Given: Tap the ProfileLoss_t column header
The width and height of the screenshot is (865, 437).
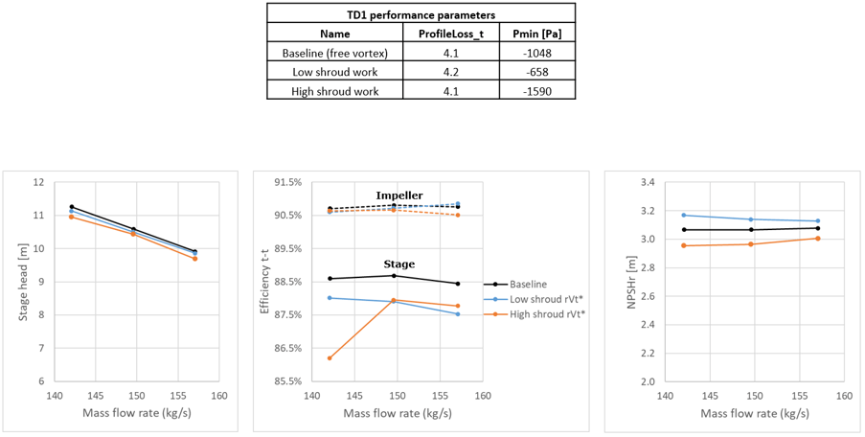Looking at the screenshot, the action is coord(451,34).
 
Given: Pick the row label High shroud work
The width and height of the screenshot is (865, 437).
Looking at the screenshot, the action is coord(335,92).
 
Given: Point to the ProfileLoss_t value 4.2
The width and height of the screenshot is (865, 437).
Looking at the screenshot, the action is coord(451,72).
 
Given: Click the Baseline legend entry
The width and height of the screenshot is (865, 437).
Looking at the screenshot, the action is coord(528,285).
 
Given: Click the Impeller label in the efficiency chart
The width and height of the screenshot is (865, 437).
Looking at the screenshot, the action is coord(399,195).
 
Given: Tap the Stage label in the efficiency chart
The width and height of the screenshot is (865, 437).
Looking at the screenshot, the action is coord(400,264).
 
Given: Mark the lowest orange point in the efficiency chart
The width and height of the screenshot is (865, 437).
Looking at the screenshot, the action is coord(330,358).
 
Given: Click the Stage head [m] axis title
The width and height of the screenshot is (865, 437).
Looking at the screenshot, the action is coord(23,282).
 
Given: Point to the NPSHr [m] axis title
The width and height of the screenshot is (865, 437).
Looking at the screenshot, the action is coord(633,282).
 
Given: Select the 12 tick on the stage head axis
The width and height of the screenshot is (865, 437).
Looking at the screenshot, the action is coord(41,182).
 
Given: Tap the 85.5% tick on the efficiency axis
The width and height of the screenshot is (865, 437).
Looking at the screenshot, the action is coord(289,381).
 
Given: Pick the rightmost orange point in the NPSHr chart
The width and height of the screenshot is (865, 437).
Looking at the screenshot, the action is coord(818,239).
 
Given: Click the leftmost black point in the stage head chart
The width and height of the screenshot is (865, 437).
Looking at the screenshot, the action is coord(72,207).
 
